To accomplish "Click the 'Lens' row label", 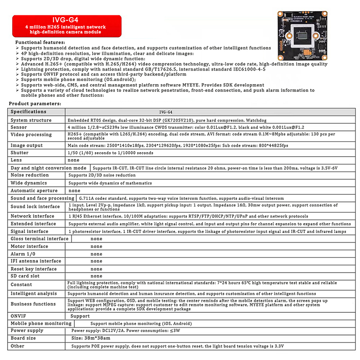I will pyautogui.click(x=17, y=160).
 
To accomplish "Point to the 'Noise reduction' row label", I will pyautogui.click(x=30, y=175).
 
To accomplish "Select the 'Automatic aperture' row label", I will pyautogui.click(x=35, y=190).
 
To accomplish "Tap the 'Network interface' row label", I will pyautogui.click(x=33, y=216).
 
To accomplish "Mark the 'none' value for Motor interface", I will pyautogui.click(x=96, y=246).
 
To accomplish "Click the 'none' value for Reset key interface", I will pyautogui.click(x=96, y=269).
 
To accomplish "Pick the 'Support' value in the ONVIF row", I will pyautogui.click(x=81, y=316).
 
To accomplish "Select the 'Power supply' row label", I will pyautogui.click(x=27, y=330).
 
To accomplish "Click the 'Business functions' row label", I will pyautogui.click(x=33, y=304).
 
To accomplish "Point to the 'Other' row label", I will pyautogui.click(x=18, y=346).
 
